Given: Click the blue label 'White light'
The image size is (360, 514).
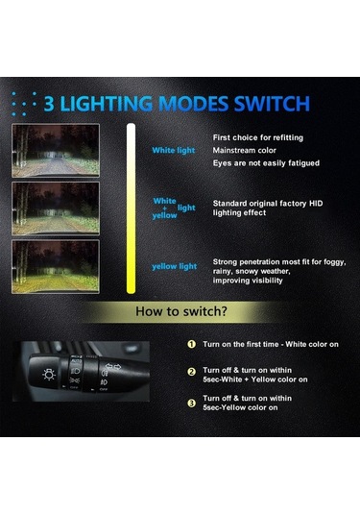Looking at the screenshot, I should tap(174, 150).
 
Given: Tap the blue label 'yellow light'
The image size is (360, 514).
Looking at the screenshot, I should tap(174, 266).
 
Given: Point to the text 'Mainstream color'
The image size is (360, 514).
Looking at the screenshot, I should tap(246, 150).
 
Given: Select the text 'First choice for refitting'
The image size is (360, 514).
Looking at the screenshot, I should tap(257, 137).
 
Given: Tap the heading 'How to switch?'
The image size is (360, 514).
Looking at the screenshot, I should tap(180, 311).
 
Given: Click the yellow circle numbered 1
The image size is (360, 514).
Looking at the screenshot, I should tap(191, 344).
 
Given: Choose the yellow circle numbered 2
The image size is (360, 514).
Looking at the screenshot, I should tap(191, 371).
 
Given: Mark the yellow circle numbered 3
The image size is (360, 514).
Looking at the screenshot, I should tap(191, 403).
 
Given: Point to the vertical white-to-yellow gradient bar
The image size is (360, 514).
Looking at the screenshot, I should tap(130, 207).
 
